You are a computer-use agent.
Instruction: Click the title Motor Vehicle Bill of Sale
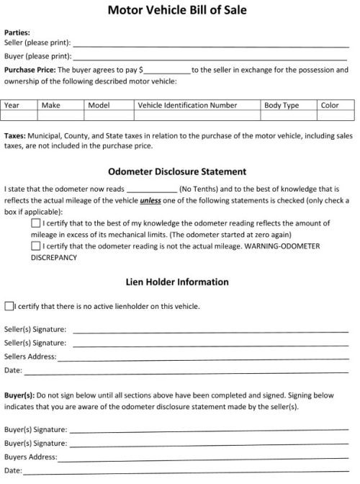click(x=177, y=10)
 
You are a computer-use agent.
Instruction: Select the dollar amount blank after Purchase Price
click(x=168, y=71)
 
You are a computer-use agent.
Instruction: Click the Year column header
click(x=12, y=105)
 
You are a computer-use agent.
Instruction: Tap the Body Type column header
click(x=282, y=105)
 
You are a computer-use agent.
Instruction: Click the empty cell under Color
click(x=336, y=115)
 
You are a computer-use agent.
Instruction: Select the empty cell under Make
click(x=60, y=115)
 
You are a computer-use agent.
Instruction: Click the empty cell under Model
click(x=109, y=115)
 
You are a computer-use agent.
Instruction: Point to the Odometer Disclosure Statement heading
click(x=177, y=171)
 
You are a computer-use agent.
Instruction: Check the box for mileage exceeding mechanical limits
click(x=36, y=224)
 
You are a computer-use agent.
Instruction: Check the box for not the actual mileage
click(x=36, y=246)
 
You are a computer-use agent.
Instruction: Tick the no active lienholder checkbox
click(x=9, y=306)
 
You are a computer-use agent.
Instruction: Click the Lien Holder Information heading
click(x=177, y=282)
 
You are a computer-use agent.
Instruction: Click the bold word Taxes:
click(x=16, y=135)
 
